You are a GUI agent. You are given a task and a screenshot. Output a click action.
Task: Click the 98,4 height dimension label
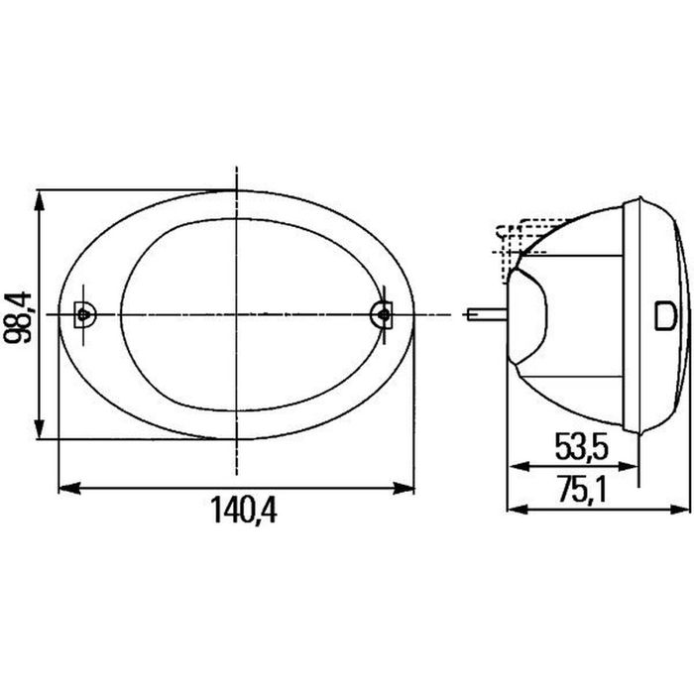(x=17, y=317)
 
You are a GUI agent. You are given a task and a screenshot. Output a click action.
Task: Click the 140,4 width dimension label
(x=244, y=510)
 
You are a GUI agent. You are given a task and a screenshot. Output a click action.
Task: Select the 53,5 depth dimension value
(x=582, y=446)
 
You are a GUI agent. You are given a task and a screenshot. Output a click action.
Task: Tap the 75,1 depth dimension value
(x=582, y=491)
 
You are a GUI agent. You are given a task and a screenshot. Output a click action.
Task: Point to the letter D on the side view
(x=665, y=315)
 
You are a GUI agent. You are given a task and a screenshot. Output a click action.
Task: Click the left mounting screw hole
(x=82, y=314)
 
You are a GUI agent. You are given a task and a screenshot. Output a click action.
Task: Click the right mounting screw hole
(x=384, y=314)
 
